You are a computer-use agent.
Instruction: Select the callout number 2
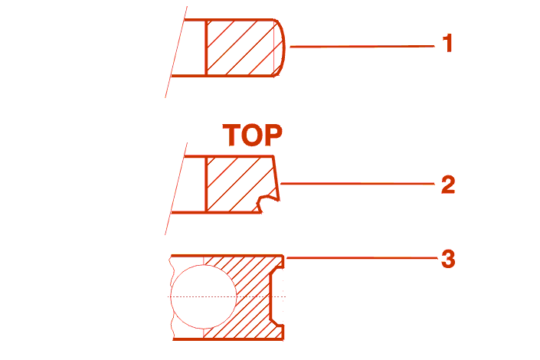pyautogui.click(x=448, y=185)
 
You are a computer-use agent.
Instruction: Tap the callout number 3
pyautogui.click(x=448, y=259)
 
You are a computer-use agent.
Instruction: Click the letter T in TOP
pyautogui.click(x=233, y=136)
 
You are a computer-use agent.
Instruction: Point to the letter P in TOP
pyautogui.click(x=272, y=136)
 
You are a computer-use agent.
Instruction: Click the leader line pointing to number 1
pyautogui.click(x=360, y=46)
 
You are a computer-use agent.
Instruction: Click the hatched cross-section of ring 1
pyautogui.click(x=240, y=47)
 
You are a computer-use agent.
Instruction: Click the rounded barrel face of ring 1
pyautogui.click(x=282, y=47)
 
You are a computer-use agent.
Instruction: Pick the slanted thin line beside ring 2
pyautogui.click(x=175, y=188)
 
